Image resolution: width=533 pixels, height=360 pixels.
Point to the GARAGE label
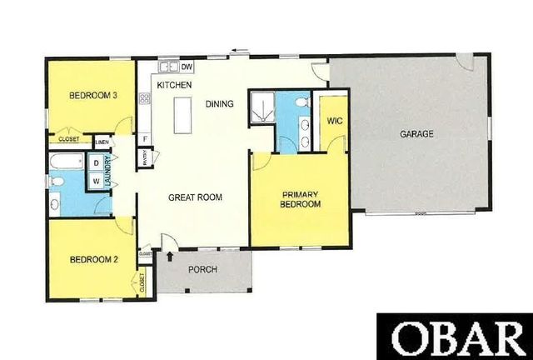[x=416, y=133]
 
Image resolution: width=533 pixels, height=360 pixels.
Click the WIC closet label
[x=335, y=122]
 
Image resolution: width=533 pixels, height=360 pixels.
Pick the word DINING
[x=219, y=103]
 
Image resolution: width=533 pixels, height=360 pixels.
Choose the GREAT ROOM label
[x=194, y=197]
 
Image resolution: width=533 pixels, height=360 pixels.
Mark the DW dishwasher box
[x=187, y=67]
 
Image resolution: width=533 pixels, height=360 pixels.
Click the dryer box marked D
[x=96, y=162]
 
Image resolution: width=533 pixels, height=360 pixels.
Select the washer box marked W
[x=96, y=179]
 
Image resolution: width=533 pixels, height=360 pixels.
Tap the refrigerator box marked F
[x=145, y=137]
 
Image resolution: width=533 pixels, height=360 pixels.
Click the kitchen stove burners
[x=145, y=98]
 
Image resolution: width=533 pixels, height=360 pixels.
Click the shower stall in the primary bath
[x=262, y=107]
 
